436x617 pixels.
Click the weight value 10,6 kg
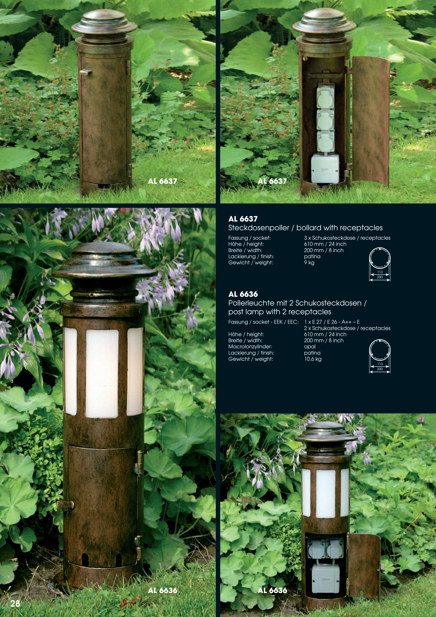click(x=313, y=359)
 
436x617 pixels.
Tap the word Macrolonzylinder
click(x=250, y=347)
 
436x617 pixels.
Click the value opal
click(x=310, y=347)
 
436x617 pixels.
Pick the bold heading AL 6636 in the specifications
click(x=243, y=294)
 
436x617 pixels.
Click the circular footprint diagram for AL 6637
click(x=380, y=258)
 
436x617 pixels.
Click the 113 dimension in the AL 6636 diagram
click(x=380, y=364)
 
